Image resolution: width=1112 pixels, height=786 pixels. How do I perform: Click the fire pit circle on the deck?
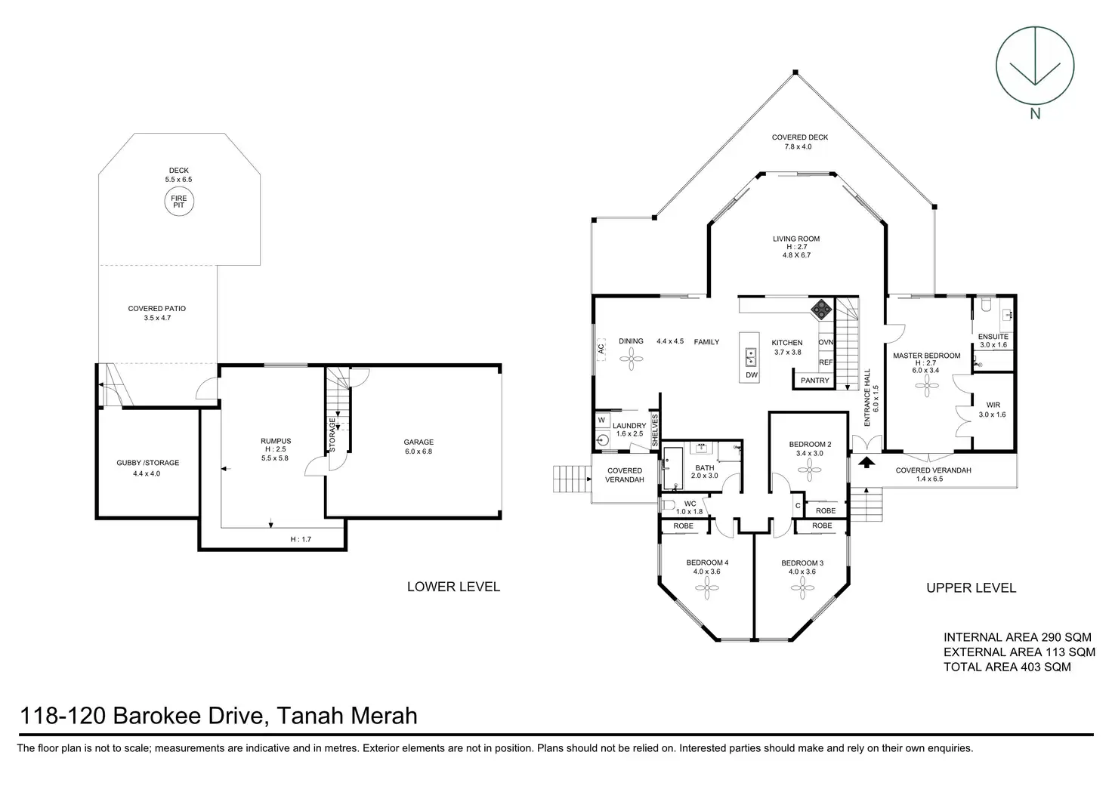[x=179, y=202]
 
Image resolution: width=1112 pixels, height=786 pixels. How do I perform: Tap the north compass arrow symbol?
[x=1034, y=66]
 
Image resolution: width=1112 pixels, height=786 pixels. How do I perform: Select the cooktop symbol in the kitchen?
[x=821, y=309]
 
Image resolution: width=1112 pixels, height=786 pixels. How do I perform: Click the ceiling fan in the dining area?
[x=631, y=359]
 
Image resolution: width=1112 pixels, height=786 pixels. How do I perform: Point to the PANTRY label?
[x=814, y=381]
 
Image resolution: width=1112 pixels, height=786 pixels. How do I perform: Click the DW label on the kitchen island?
[x=751, y=375]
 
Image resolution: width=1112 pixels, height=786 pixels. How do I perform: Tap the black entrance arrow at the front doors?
[x=866, y=462]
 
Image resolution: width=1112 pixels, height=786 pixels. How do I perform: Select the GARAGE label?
[x=419, y=442]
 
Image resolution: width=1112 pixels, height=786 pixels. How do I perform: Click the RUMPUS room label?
[x=276, y=441]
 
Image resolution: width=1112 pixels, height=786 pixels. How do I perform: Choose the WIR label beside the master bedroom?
[x=993, y=405]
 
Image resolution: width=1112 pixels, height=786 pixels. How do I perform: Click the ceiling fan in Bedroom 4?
[x=707, y=588]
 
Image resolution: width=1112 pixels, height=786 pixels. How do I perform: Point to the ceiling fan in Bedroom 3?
[x=802, y=588]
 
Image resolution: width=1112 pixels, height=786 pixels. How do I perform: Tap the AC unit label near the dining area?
[x=601, y=349]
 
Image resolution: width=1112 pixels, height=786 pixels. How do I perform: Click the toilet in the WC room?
[x=669, y=506]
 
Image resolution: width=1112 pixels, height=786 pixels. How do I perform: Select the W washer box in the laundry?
[x=601, y=421]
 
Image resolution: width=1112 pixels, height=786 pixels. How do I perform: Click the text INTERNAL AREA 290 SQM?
[x=1018, y=637]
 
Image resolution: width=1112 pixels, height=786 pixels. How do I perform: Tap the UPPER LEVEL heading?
[x=971, y=588]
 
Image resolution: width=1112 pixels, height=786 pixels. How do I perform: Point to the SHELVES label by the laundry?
[x=655, y=430]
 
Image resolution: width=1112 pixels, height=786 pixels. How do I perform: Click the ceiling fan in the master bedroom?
[x=926, y=386]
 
